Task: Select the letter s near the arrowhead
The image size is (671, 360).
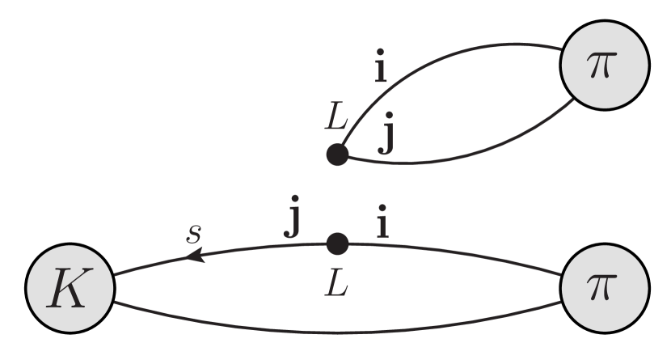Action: coord(194,234)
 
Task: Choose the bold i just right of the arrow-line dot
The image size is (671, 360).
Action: coord(382,222)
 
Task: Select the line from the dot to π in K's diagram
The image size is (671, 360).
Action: coord(453,252)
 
